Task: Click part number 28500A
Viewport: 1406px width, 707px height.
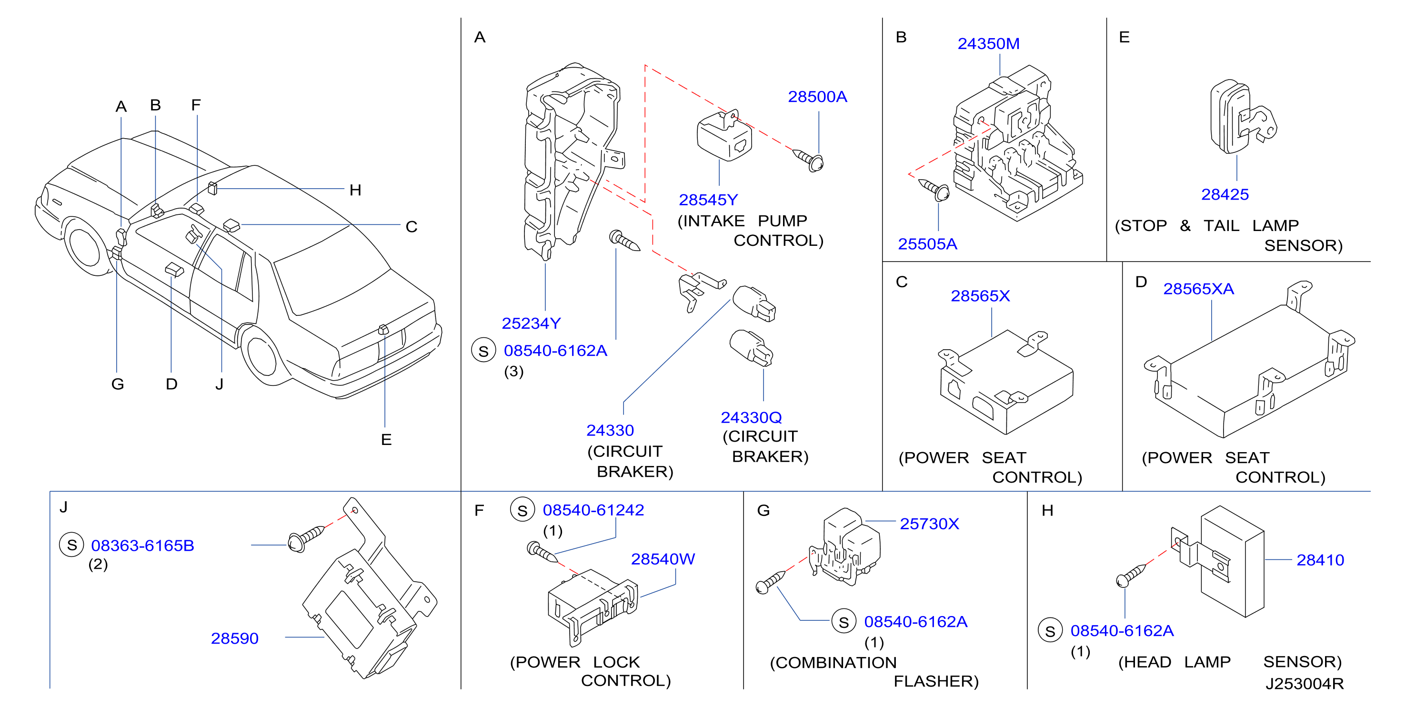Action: [x=817, y=97]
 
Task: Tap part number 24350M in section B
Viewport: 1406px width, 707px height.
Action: [x=988, y=44]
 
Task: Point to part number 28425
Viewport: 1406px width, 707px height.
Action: [x=1225, y=194]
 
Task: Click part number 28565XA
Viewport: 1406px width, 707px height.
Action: [x=1199, y=289]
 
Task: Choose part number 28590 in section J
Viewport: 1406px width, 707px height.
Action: [x=235, y=638]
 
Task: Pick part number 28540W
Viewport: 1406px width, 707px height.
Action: [x=663, y=559]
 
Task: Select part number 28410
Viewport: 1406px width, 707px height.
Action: [x=1320, y=560]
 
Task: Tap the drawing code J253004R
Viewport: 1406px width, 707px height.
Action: [x=1305, y=684]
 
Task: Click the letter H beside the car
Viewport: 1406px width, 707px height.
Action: [x=355, y=190]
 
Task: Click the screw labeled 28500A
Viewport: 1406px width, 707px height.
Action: [x=808, y=159]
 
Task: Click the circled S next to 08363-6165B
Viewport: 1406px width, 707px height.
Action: [x=71, y=545]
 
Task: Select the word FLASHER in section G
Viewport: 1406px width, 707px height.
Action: [x=936, y=681]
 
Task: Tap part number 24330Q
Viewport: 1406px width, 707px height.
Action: [x=751, y=417]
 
